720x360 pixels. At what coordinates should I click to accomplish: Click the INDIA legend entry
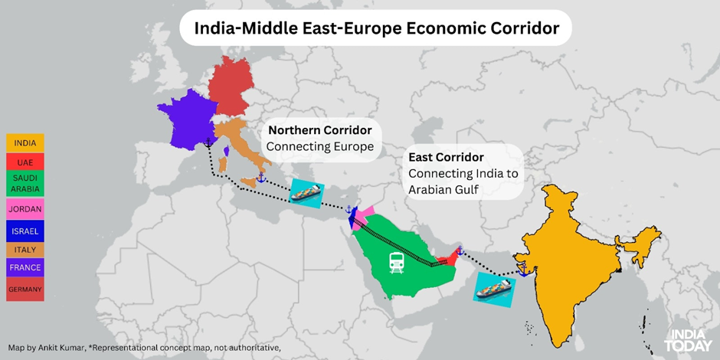click(x=25, y=142)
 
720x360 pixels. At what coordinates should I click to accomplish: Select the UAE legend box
click(x=25, y=162)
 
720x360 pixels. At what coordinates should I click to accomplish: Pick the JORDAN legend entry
click(x=25, y=208)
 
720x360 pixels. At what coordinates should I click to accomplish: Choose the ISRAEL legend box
click(x=25, y=230)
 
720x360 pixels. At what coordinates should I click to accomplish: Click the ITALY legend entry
click(x=25, y=249)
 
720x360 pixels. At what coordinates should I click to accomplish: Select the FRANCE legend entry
click(x=25, y=267)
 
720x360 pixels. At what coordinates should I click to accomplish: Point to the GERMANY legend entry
click(x=25, y=289)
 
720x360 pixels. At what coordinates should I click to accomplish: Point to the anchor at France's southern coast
click(x=208, y=142)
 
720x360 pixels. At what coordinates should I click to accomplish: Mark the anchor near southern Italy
click(x=260, y=178)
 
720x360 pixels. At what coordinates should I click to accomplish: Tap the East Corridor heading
click(x=446, y=156)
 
